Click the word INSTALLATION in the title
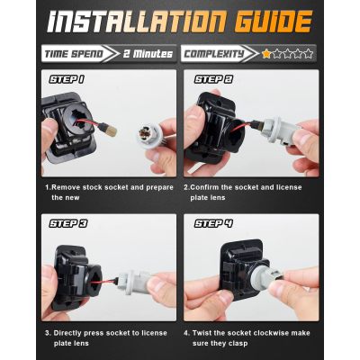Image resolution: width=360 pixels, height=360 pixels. [136, 22]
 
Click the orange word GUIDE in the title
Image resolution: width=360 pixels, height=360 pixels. [274, 22]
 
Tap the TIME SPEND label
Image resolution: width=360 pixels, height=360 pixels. [74, 54]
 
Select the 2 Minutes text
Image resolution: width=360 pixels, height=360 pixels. [148, 54]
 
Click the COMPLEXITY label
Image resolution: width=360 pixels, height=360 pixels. [214, 54]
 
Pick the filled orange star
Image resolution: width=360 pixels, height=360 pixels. [266, 54]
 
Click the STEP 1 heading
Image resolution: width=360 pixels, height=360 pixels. [67, 79]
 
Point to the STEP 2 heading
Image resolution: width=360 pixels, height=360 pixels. [213, 79]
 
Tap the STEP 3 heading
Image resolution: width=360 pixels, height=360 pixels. [68, 223]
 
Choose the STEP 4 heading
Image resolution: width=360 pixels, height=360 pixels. [213, 223]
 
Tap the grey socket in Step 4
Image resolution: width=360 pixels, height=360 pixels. [265, 274]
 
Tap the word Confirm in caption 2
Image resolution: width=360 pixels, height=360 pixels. [204, 187]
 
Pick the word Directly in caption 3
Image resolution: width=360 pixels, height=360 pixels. [67, 333]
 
